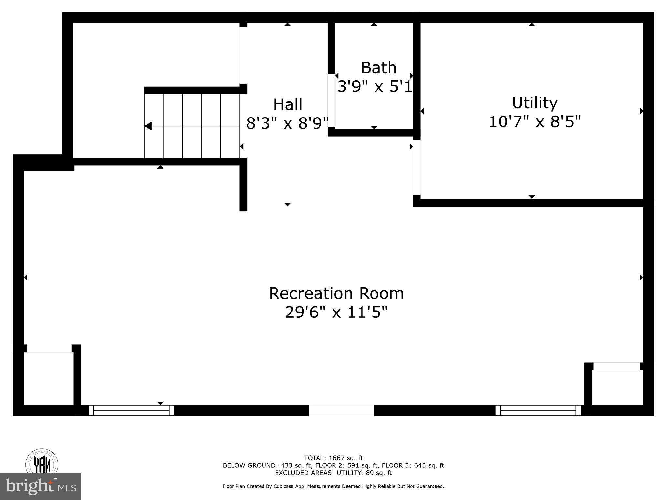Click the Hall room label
point(288,105)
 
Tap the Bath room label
point(378,68)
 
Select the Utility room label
point(534,103)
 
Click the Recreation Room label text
point(336,293)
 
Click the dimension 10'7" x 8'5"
point(534,122)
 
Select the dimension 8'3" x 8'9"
point(288,124)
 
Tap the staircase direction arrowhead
point(148,126)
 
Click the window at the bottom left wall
point(131,410)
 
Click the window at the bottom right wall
point(538,410)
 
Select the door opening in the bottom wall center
point(341,410)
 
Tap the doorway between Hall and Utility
point(417,167)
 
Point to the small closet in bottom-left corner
point(49,379)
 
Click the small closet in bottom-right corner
point(617,387)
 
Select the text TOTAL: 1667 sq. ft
point(333,458)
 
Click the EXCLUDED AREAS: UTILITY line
point(333,473)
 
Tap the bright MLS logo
point(41,487)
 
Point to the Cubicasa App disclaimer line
point(333,486)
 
